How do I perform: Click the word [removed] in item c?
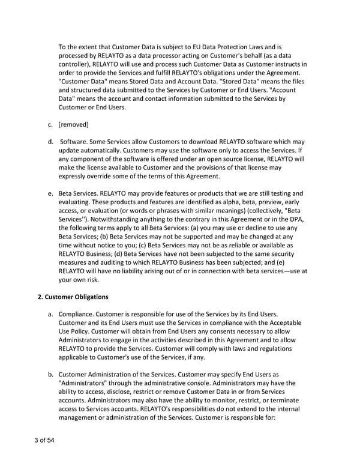coord(74,124)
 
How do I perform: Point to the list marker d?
coord(50,141)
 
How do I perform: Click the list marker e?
coord(50,193)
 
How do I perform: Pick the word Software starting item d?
coord(75,141)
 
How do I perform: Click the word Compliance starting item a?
coord(80,314)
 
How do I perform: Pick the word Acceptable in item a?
coord(281,323)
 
